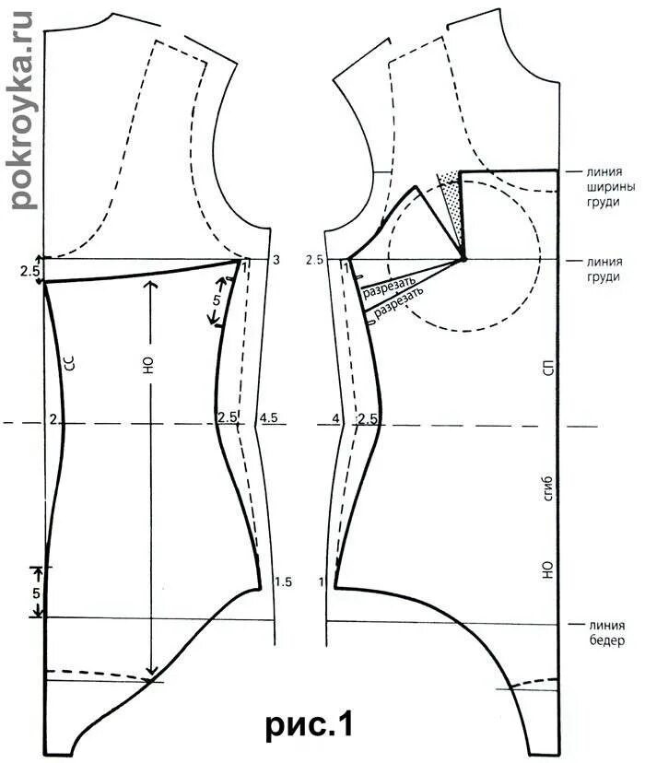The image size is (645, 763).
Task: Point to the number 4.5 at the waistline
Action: (x=268, y=417)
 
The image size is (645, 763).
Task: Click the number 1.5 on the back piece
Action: (x=283, y=581)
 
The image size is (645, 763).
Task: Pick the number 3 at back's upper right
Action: (x=276, y=261)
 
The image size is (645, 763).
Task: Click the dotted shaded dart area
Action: (x=452, y=197)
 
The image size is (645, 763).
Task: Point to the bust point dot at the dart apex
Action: (x=463, y=260)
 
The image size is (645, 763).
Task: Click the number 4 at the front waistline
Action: (x=335, y=419)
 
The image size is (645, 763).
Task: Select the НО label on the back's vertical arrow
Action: (x=147, y=364)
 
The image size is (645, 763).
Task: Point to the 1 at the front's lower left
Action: (x=321, y=581)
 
